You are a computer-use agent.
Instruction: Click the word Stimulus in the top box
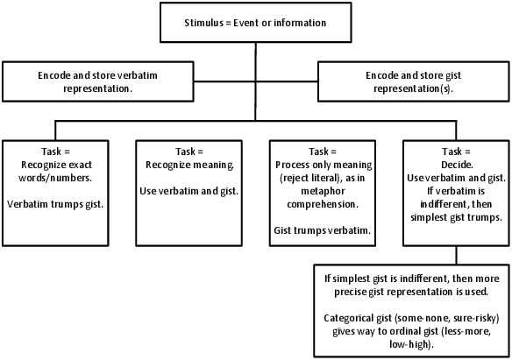coord(203,23)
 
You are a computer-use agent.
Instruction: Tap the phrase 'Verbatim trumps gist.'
coord(55,204)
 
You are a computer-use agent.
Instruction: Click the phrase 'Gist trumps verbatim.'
coord(323,230)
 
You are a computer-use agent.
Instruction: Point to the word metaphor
coord(323,191)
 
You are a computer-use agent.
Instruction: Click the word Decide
coord(457,165)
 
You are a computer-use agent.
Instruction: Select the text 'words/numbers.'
coord(55,178)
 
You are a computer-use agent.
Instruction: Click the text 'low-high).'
coord(411,344)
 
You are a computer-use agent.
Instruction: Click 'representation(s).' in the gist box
coord(414,88)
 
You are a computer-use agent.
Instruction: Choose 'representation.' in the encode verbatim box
coord(97,88)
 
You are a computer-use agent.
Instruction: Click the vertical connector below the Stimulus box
coord(256,81)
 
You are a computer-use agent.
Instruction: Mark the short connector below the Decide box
coord(456,255)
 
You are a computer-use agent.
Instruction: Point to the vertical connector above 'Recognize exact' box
coord(55,131)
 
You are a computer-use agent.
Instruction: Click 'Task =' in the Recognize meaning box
coord(189,152)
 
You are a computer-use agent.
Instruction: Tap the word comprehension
coord(323,204)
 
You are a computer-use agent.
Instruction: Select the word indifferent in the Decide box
coord(442,204)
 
